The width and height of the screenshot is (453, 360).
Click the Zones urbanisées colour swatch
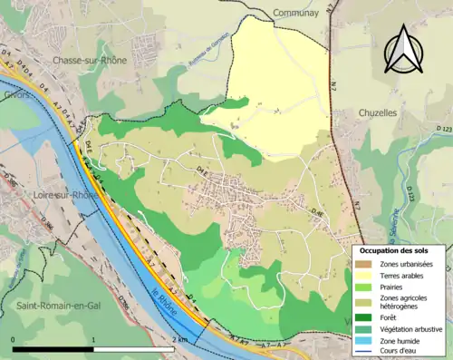tap(363, 263)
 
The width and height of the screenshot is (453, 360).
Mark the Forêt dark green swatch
tap(363, 317)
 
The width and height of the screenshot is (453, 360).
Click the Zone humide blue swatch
tap(363, 339)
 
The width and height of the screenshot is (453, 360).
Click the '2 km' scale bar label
tap(181, 339)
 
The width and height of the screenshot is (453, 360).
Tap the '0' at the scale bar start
tap(14, 339)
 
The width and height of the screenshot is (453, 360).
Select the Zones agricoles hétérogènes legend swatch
tap(363, 301)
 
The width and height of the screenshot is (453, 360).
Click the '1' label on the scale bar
tap(94, 339)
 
